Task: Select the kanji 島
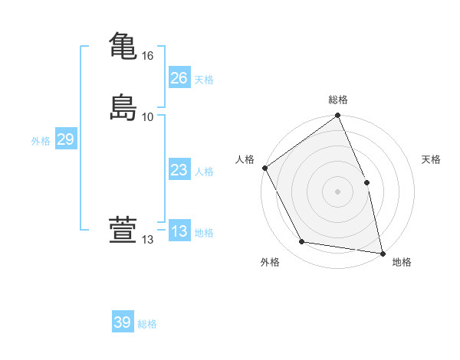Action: click(123, 106)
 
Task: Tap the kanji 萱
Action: click(123, 231)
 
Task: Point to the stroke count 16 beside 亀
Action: click(148, 56)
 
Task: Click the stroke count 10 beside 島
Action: click(148, 116)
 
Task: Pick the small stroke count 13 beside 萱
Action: click(148, 241)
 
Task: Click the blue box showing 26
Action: click(179, 78)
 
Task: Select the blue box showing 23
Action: click(179, 170)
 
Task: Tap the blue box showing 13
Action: click(179, 231)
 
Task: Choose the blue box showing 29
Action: click(65, 139)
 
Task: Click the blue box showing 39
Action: click(123, 322)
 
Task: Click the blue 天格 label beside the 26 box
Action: click(204, 80)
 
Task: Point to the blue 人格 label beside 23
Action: click(204, 172)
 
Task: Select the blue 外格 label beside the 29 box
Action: click(41, 141)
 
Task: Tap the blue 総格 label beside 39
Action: click(148, 324)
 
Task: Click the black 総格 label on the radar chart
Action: click(338, 100)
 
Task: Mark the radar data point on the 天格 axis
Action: click(366, 182)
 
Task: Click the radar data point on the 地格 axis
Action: click(382, 252)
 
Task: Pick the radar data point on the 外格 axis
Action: click(302, 242)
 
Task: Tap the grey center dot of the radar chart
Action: click(338, 191)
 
